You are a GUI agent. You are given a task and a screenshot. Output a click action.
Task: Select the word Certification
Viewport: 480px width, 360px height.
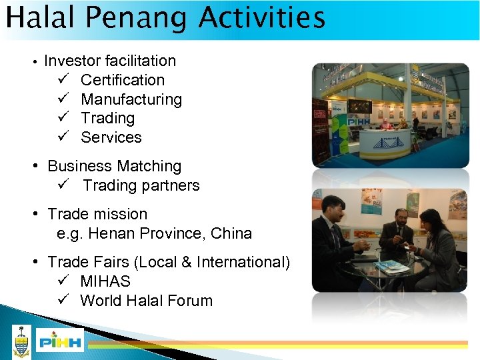tap(123, 80)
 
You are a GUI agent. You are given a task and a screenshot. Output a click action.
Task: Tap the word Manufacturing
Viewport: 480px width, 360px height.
tap(131, 99)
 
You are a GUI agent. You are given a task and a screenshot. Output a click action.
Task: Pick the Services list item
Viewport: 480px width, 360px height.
tap(111, 137)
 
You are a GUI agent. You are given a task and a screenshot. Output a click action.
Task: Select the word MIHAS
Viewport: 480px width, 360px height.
tap(105, 281)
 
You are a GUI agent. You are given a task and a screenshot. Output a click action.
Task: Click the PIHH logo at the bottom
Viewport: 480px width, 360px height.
tap(60, 342)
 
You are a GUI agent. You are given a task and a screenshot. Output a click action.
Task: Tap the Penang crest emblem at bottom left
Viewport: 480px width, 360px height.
tap(22, 341)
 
